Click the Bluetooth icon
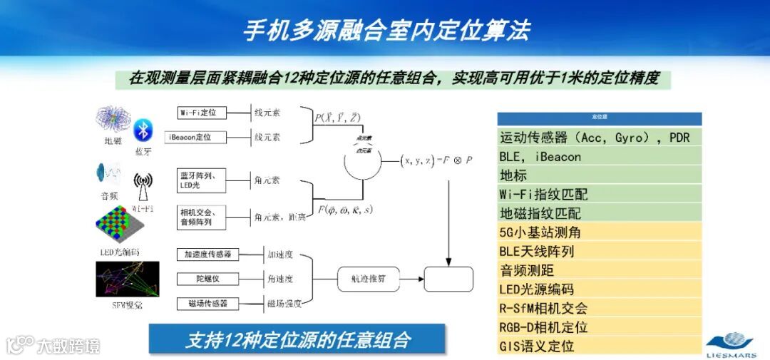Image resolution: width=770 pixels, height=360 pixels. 143,130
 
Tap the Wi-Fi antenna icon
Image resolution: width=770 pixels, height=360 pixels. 143,189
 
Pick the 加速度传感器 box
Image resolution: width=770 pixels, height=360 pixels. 208,254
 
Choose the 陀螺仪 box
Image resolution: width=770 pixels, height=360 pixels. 208,278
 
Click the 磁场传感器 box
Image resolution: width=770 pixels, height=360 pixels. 208,303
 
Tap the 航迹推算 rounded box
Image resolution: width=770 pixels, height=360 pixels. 368,279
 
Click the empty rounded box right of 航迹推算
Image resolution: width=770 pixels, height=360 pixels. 448,279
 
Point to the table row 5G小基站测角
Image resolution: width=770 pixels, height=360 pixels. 599,232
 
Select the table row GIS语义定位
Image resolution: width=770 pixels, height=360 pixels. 599,346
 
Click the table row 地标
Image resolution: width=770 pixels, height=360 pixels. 599,175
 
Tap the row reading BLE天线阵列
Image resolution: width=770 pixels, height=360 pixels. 599,251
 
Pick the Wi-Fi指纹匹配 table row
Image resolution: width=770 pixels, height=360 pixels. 599,194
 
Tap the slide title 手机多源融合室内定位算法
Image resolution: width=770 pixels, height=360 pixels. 386,30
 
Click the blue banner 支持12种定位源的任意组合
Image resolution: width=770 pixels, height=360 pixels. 297,339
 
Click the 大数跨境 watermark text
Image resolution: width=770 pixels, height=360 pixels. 68,346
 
